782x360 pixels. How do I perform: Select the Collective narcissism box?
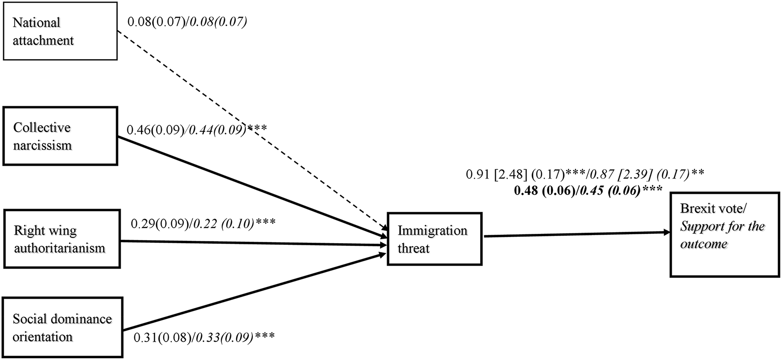point(60,136)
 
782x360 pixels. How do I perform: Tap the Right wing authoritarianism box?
point(61,239)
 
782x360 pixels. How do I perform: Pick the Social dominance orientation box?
point(62,327)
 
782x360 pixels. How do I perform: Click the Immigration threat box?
point(434,239)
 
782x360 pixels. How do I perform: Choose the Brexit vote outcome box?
point(724,235)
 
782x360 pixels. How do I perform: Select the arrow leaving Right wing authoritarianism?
point(252,242)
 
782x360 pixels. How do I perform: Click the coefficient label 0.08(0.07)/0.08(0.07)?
point(187,22)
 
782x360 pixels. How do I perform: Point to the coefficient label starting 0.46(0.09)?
point(196,130)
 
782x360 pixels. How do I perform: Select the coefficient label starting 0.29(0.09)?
point(203,223)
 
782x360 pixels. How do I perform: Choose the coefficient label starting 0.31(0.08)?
point(204,338)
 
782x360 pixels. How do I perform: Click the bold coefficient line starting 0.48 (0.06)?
point(588,191)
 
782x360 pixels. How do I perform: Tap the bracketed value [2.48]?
point(511,175)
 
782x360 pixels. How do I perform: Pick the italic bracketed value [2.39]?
point(635,175)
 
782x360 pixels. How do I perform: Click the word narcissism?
point(42,146)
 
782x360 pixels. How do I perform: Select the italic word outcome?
point(703,244)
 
